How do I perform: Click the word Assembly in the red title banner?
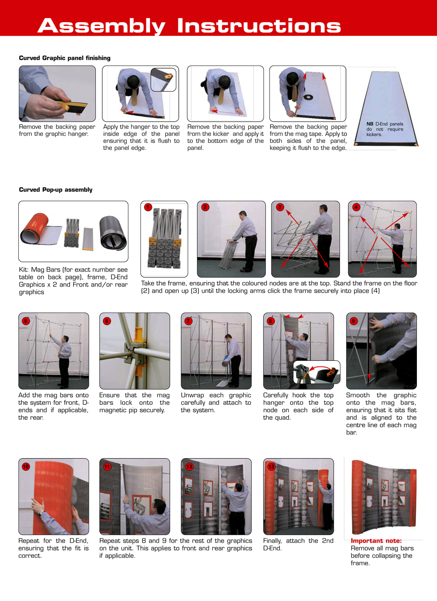(101, 26)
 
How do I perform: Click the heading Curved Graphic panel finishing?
(65, 58)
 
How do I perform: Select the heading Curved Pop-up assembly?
(55, 190)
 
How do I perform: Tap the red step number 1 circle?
(148, 207)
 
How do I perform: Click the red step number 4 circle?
(356, 207)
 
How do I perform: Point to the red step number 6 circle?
(107, 321)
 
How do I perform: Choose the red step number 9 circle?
(354, 321)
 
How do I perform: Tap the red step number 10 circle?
(26, 466)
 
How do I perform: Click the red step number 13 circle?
(271, 466)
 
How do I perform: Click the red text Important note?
(376, 541)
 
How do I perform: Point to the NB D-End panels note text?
(385, 129)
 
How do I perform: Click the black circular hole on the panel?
(308, 97)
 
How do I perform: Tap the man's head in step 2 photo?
(242, 214)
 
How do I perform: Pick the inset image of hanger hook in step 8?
(316, 372)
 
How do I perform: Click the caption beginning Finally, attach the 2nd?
(298, 544)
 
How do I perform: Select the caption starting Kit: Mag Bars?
(73, 281)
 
